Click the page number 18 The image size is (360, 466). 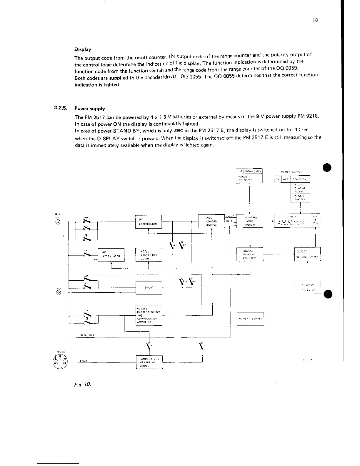315,20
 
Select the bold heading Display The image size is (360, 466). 83,49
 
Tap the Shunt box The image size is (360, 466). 149,288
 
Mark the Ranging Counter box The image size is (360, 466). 250,254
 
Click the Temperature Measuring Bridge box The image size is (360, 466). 149,362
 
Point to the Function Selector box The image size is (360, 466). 308,287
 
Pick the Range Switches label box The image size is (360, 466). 249,178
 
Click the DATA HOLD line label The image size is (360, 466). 87,335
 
